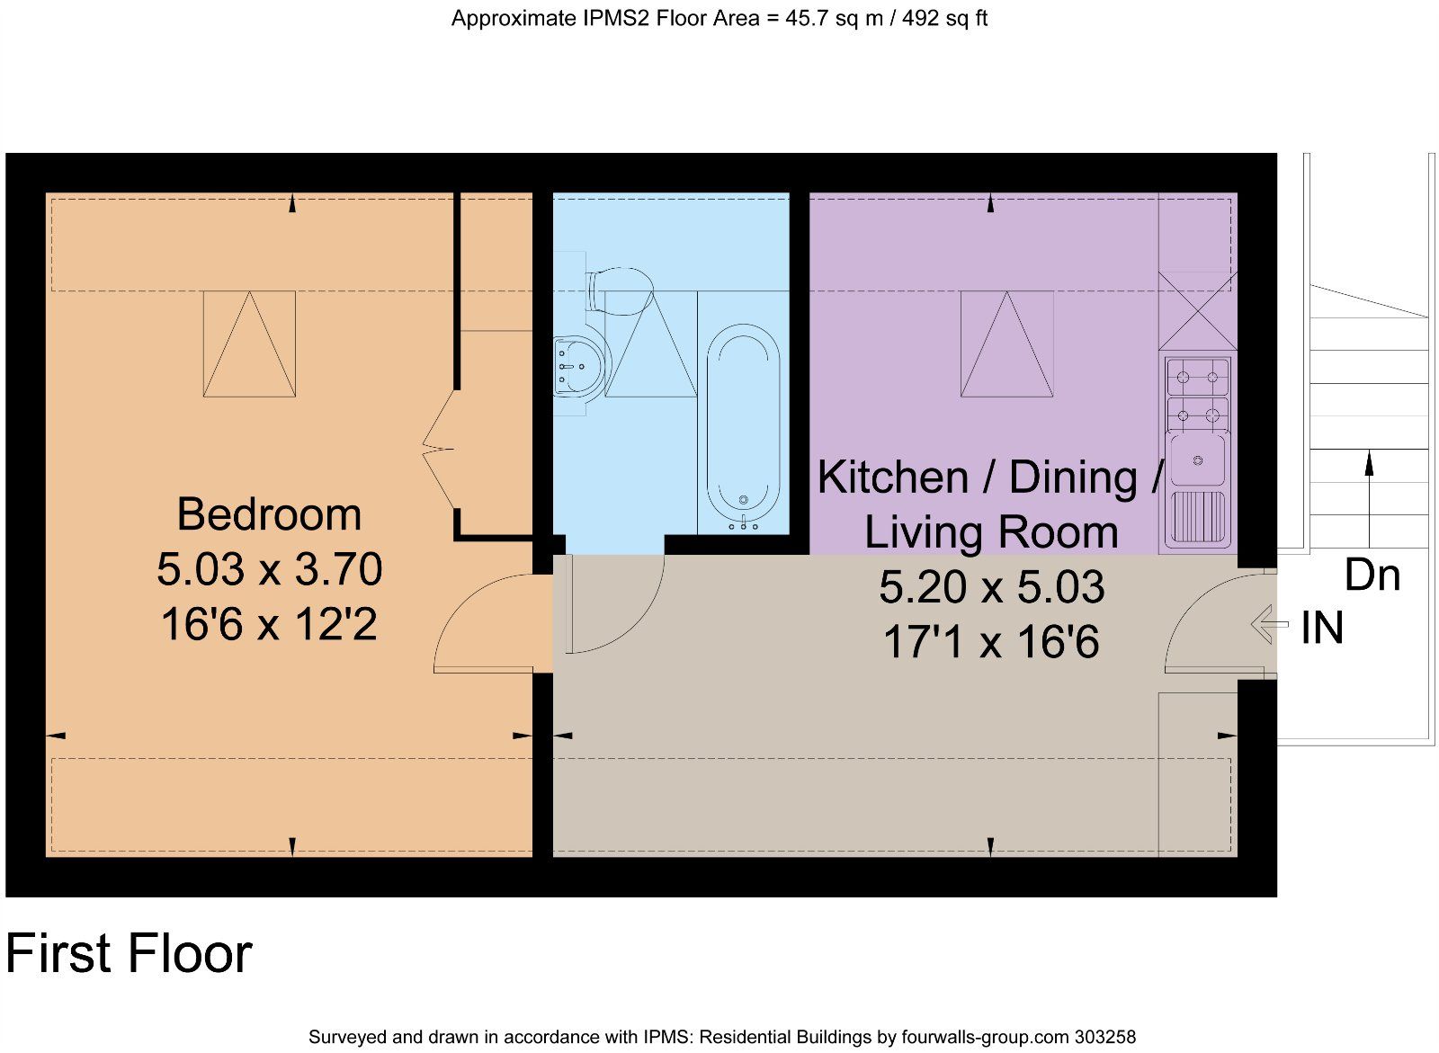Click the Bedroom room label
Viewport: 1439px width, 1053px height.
pyautogui.click(x=269, y=514)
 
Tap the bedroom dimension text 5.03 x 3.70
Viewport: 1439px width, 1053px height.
pyautogui.click(x=269, y=569)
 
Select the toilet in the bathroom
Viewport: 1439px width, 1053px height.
pyautogui.click(x=620, y=290)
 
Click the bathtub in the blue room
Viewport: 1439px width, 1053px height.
pyautogui.click(x=743, y=427)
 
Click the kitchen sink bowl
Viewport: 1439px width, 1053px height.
pyautogui.click(x=1197, y=460)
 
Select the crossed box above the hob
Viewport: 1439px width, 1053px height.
pyautogui.click(x=1197, y=310)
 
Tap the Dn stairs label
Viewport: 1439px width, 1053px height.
pyautogui.click(x=1372, y=575)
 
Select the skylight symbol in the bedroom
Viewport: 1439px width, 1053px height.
pyautogui.click(x=249, y=344)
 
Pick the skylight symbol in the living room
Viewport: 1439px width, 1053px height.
pyautogui.click(x=1006, y=344)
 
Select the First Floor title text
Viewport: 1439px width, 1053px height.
pyautogui.click(x=129, y=954)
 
